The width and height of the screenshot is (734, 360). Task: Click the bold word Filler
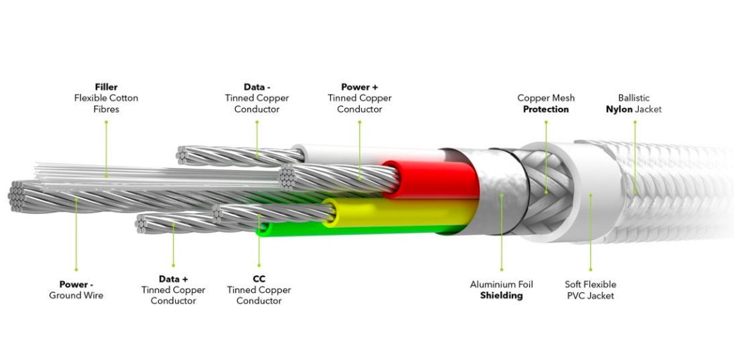(x=106, y=87)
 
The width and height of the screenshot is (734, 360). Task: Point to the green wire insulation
(x=353, y=228)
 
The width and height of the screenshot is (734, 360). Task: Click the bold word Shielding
(x=501, y=296)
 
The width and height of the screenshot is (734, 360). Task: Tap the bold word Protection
(x=546, y=109)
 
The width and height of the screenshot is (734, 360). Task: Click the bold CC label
(x=259, y=279)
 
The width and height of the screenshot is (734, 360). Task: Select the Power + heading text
(x=359, y=87)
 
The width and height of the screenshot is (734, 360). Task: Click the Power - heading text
(x=76, y=284)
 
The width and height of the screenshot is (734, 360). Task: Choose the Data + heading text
(x=173, y=279)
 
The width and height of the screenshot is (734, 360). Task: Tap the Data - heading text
(x=257, y=87)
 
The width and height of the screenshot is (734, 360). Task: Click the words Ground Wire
(x=76, y=295)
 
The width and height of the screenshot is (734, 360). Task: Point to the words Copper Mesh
(x=546, y=98)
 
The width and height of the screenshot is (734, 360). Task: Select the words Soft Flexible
(x=590, y=284)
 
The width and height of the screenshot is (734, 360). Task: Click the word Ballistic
(x=634, y=98)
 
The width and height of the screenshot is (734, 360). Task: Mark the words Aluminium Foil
(x=501, y=284)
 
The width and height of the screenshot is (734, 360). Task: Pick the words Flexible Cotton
(x=106, y=98)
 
